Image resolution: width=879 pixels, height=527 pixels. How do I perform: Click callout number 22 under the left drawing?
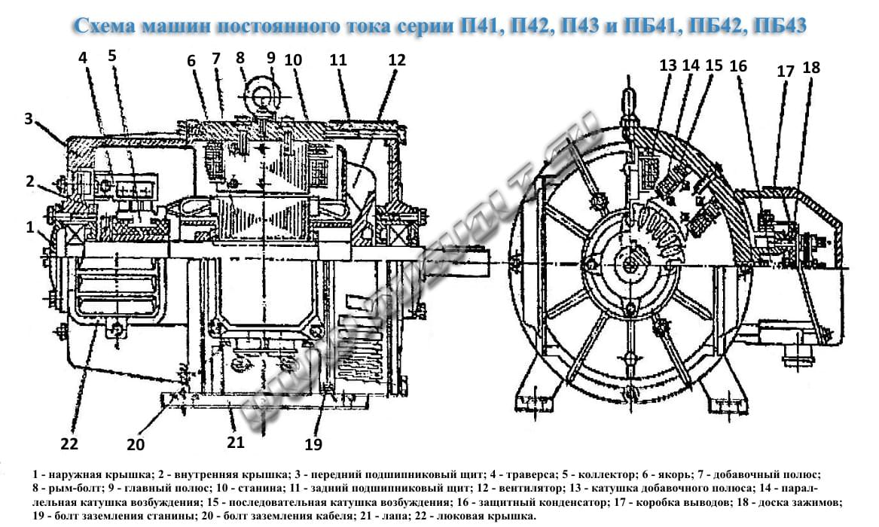[69, 444]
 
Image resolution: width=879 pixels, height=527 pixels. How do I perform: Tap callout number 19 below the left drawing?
[314, 445]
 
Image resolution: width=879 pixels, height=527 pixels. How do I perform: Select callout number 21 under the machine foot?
[236, 443]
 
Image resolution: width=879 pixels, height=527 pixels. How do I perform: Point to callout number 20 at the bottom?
[136, 445]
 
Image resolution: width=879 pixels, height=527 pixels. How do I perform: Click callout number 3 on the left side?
[29, 119]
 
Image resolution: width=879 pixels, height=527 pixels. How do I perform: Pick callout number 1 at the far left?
[29, 227]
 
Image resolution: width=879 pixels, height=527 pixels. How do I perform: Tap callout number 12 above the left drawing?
[397, 60]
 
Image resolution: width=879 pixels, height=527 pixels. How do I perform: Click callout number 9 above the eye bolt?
[271, 58]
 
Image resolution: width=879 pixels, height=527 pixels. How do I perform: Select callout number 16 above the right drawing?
[738, 66]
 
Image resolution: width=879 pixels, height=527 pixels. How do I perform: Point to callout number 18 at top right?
[811, 68]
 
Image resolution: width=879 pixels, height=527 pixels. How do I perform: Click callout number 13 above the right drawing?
[668, 65]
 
